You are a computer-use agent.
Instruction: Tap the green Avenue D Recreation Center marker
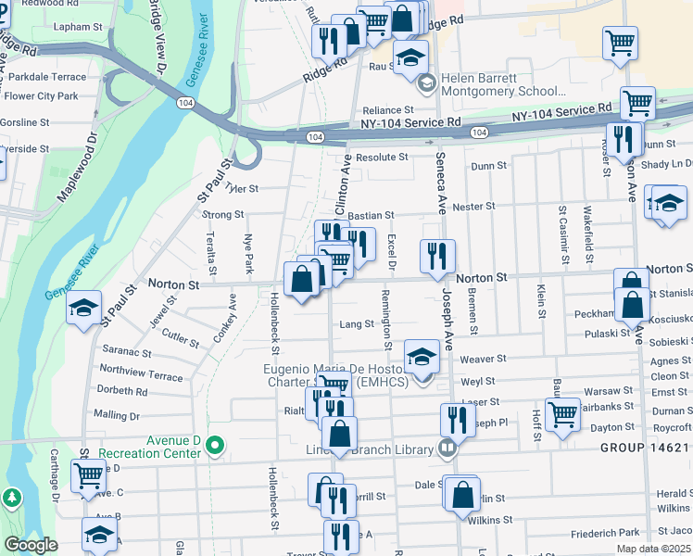[216, 447]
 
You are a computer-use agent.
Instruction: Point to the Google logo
[31, 545]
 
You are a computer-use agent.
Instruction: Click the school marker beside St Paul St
[83, 307]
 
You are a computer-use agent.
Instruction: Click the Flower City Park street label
[42, 95]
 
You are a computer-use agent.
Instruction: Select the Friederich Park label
[606, 533]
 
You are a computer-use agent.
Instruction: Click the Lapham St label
[77, 27]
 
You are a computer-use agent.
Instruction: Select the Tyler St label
[241, 188]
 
